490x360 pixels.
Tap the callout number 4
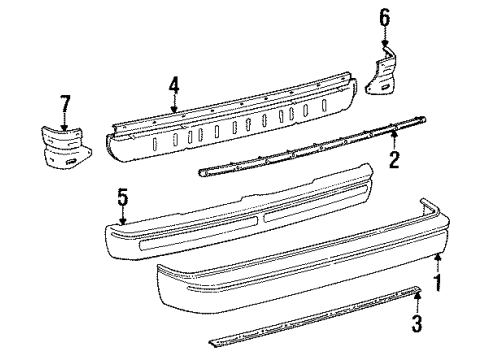(x=174, y=87)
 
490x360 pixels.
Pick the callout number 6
(x=384, y=17)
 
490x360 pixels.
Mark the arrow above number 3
(x=418, y=306)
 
